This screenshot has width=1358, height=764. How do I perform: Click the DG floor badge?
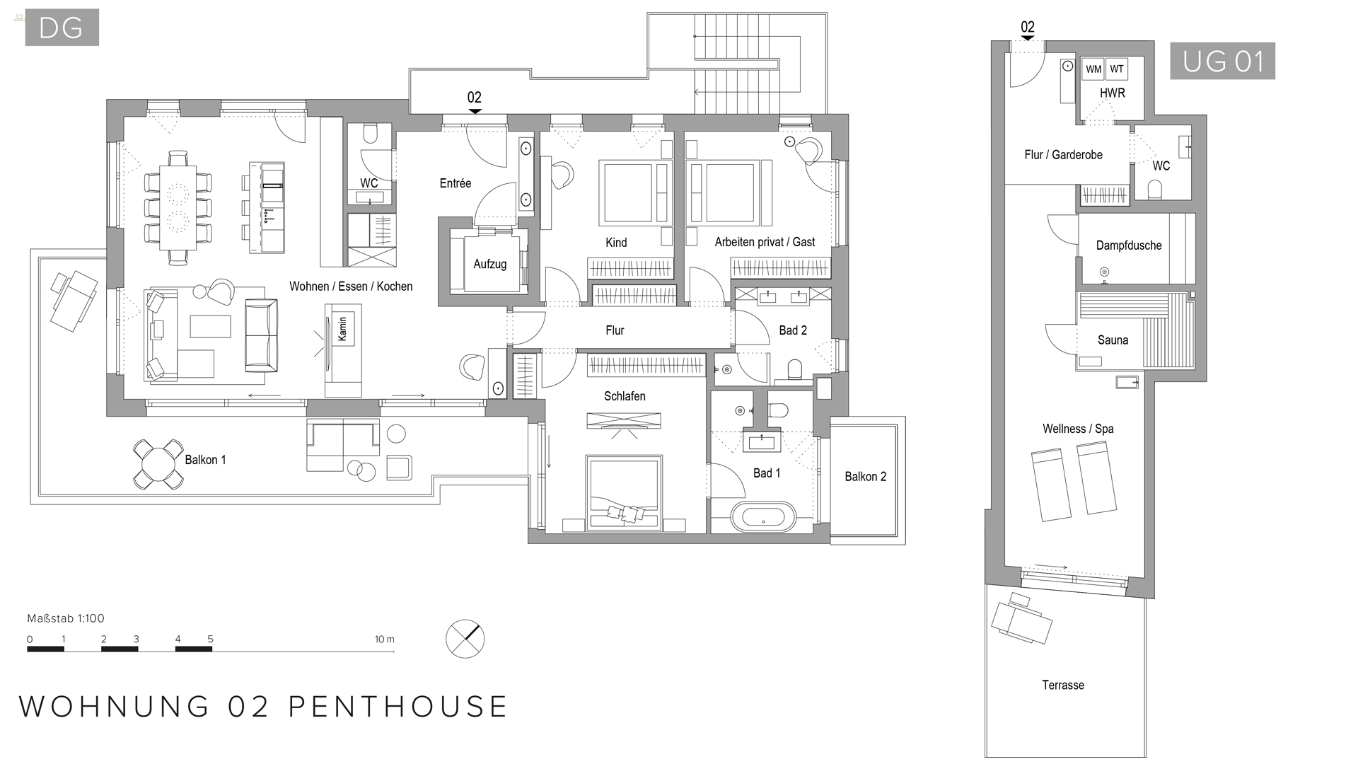(x=62, y=28)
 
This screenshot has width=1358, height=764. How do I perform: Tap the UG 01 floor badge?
(x=1222, y=61)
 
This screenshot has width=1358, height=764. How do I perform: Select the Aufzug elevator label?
(x=489, y=264)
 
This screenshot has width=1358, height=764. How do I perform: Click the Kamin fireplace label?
(x=342, y=329)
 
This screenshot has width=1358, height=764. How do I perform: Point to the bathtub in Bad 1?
(x=763, y=517)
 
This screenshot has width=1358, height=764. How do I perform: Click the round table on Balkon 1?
(x=158, y=465)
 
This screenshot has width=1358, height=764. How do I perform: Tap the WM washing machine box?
(x=1093, y=69)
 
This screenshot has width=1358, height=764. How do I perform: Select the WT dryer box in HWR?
(x=1117, y=69)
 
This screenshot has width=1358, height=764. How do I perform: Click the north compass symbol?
(x=465, y=639)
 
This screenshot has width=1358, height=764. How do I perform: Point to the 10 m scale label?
(x=384, y=639)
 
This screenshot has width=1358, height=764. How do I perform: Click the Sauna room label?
(x=1113, y=340)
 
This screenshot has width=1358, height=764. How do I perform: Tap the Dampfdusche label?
(x=1128, y=245)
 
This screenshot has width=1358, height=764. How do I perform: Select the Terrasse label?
(x=1062, y=685)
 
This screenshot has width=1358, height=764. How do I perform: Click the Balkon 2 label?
(x=865, y=477)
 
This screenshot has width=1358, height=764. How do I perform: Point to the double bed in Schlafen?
(x=624, y=492)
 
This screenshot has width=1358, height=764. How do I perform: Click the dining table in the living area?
(x=178, y=207)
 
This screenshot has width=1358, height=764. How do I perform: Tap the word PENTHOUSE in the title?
(x=398, y=707)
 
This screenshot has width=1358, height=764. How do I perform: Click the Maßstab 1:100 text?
(x=66, y=618)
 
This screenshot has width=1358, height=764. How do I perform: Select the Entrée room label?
(x=455, y=183)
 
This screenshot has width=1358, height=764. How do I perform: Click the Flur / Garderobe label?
(x=1063, y=155)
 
